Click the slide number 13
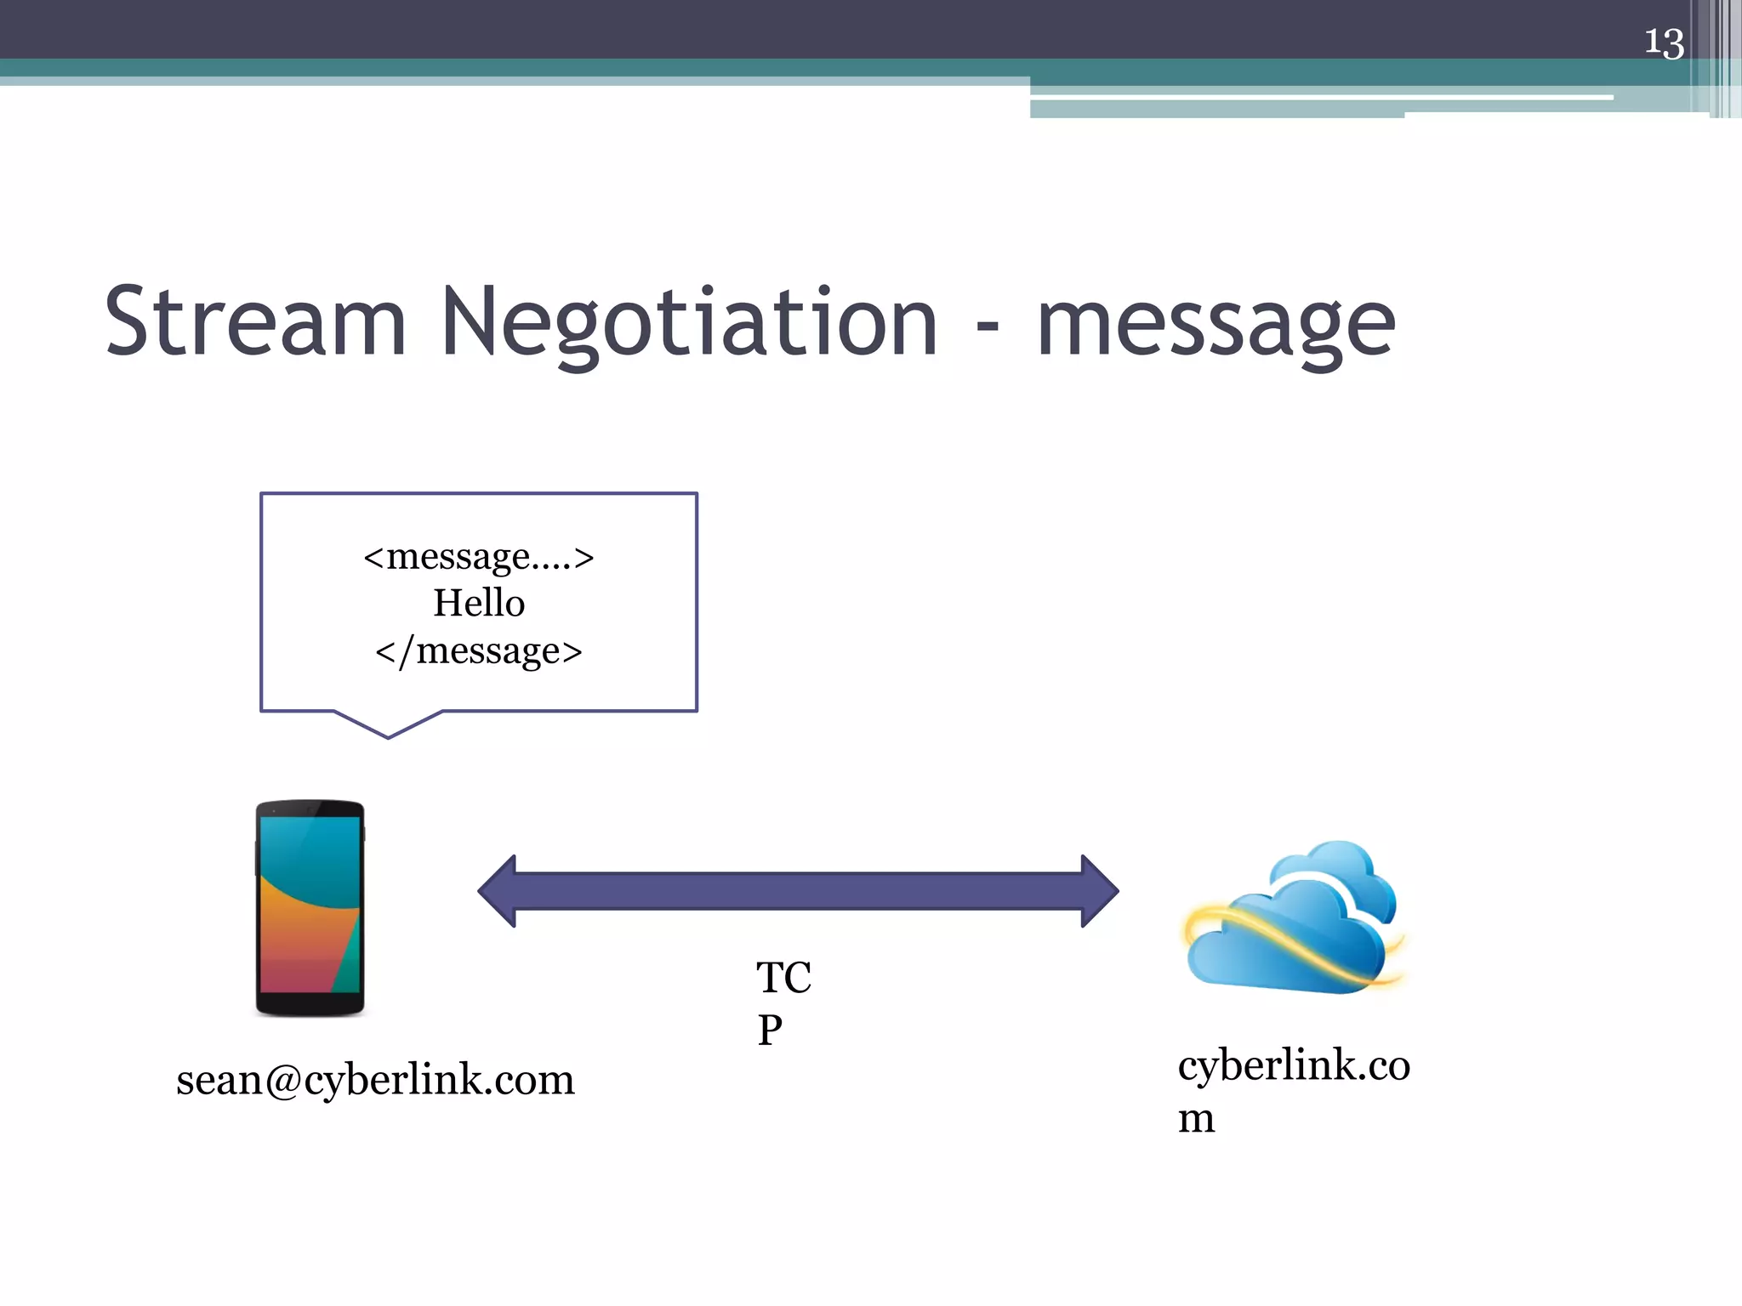[x=1664, y=43]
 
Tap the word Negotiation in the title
[x=689, y=323]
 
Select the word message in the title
[x=1216, y=327]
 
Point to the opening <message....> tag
[x=478, y=557]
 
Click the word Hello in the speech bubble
[x=479, y=603]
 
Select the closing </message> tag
[x=479, y=651]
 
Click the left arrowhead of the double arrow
[x=498, y=891]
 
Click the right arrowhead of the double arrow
[x=1099, y=891]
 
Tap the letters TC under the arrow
[x=783, y=978]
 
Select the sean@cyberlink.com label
[x=375, y=1080]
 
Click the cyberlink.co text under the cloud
[x=1294, y=1065]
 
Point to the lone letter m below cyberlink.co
[x=1196, y=1118]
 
